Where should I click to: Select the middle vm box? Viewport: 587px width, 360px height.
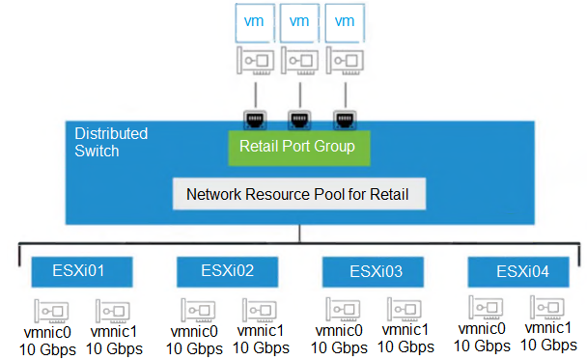click(x=300, y=20)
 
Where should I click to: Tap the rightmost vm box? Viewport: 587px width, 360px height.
click(x=346, y=20)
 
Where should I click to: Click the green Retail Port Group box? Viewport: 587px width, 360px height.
click(x=297, y=147)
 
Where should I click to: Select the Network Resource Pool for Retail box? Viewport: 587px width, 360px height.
click(x=297, y=194)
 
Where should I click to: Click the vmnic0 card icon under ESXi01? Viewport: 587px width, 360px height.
click(x=51, y=310)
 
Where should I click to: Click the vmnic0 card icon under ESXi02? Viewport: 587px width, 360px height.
click(x=200, y=310)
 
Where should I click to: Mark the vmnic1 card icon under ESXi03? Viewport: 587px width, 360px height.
click(x=404, y=309)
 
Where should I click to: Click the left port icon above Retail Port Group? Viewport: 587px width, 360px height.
click(x=255, y=119)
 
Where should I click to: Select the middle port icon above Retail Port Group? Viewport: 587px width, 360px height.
click(x=299, y=119)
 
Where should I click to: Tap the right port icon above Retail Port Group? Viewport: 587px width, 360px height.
click(x=343, y=119)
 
